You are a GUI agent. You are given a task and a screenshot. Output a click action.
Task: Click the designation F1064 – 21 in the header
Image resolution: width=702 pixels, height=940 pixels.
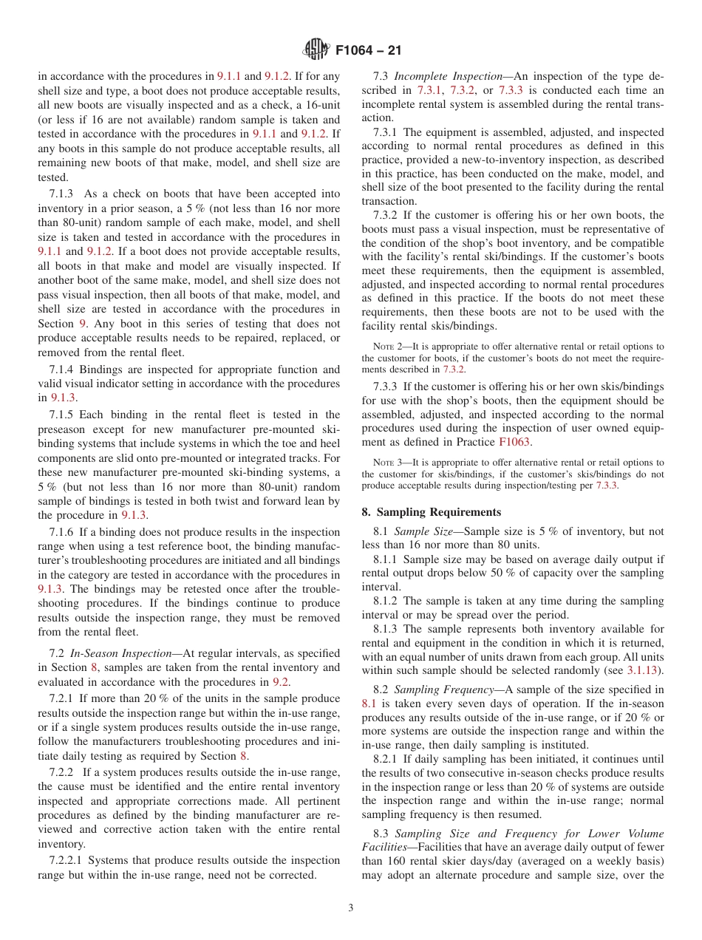tap(368, 52)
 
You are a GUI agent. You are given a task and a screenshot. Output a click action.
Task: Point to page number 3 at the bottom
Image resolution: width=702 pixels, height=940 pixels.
tap(350, 908)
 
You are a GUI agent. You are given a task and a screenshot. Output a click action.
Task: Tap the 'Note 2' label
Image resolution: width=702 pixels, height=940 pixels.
tap(386, 347)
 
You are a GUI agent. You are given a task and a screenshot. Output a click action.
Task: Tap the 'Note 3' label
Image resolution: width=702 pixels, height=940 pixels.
tap(386, 463)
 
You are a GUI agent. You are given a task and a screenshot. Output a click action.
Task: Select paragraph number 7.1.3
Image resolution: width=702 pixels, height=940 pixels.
tap(65, 194)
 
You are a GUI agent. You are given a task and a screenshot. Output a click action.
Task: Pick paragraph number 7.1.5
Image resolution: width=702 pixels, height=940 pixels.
tap(65, 415)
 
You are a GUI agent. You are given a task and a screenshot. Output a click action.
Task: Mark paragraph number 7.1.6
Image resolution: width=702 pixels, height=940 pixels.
tap(65, 532)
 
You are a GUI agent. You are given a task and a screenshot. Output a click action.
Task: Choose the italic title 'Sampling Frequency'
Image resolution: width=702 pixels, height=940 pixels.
tap(444, 689)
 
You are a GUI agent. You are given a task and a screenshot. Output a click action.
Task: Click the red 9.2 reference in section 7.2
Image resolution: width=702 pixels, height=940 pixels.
tap(280, 681)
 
